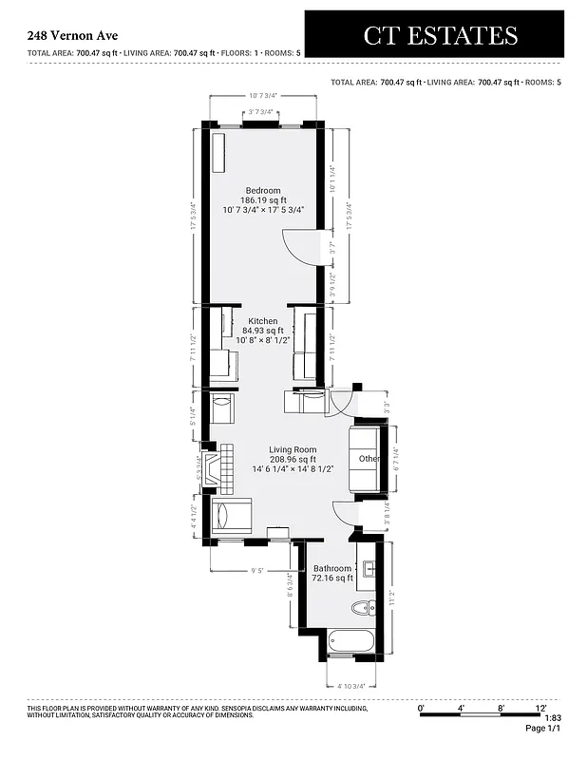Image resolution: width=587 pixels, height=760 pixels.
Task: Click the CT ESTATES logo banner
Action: click(440, 35)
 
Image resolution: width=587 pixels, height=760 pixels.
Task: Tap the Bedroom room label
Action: click(263, 191)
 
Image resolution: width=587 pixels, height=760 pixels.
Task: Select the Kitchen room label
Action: click(263, 321)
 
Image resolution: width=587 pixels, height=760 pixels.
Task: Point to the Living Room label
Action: click(292, 449)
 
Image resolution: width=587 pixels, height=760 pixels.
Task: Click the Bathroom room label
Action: click(331, 568)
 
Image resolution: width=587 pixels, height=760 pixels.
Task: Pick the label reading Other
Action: click(369, 459)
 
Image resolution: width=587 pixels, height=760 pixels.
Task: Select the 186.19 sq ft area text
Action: click(263, 200)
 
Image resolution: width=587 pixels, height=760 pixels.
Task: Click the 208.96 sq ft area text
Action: click(292, 459)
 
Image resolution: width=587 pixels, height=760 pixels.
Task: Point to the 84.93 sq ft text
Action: click(263, 331)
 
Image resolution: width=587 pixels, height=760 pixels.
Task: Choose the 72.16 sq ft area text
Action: click(331, 578)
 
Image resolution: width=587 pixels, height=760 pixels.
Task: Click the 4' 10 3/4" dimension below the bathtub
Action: click(352, 686)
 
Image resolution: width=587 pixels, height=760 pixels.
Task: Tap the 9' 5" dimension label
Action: click(256, 572)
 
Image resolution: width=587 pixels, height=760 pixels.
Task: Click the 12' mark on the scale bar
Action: click(540, 708)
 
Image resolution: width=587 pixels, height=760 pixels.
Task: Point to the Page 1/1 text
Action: click(542, 728)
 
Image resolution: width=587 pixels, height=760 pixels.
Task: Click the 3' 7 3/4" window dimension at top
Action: click(260, 112)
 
